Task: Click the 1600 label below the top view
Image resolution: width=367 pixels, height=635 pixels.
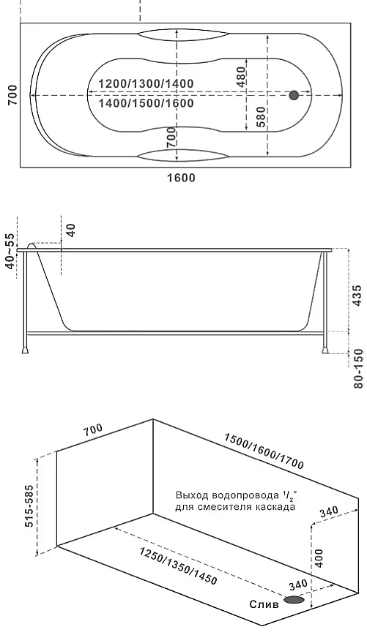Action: [181, 178]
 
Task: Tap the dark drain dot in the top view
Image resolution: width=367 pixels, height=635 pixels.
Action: [294, 96]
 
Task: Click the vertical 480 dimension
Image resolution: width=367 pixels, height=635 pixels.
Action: [241, 77]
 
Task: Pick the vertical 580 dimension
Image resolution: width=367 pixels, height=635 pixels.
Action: [261, 116]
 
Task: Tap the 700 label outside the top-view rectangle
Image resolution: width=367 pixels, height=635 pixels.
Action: [12, 95]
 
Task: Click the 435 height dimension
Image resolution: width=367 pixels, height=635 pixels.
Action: [356, 296]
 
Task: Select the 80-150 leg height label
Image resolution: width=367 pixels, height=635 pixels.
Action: [358, 369]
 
